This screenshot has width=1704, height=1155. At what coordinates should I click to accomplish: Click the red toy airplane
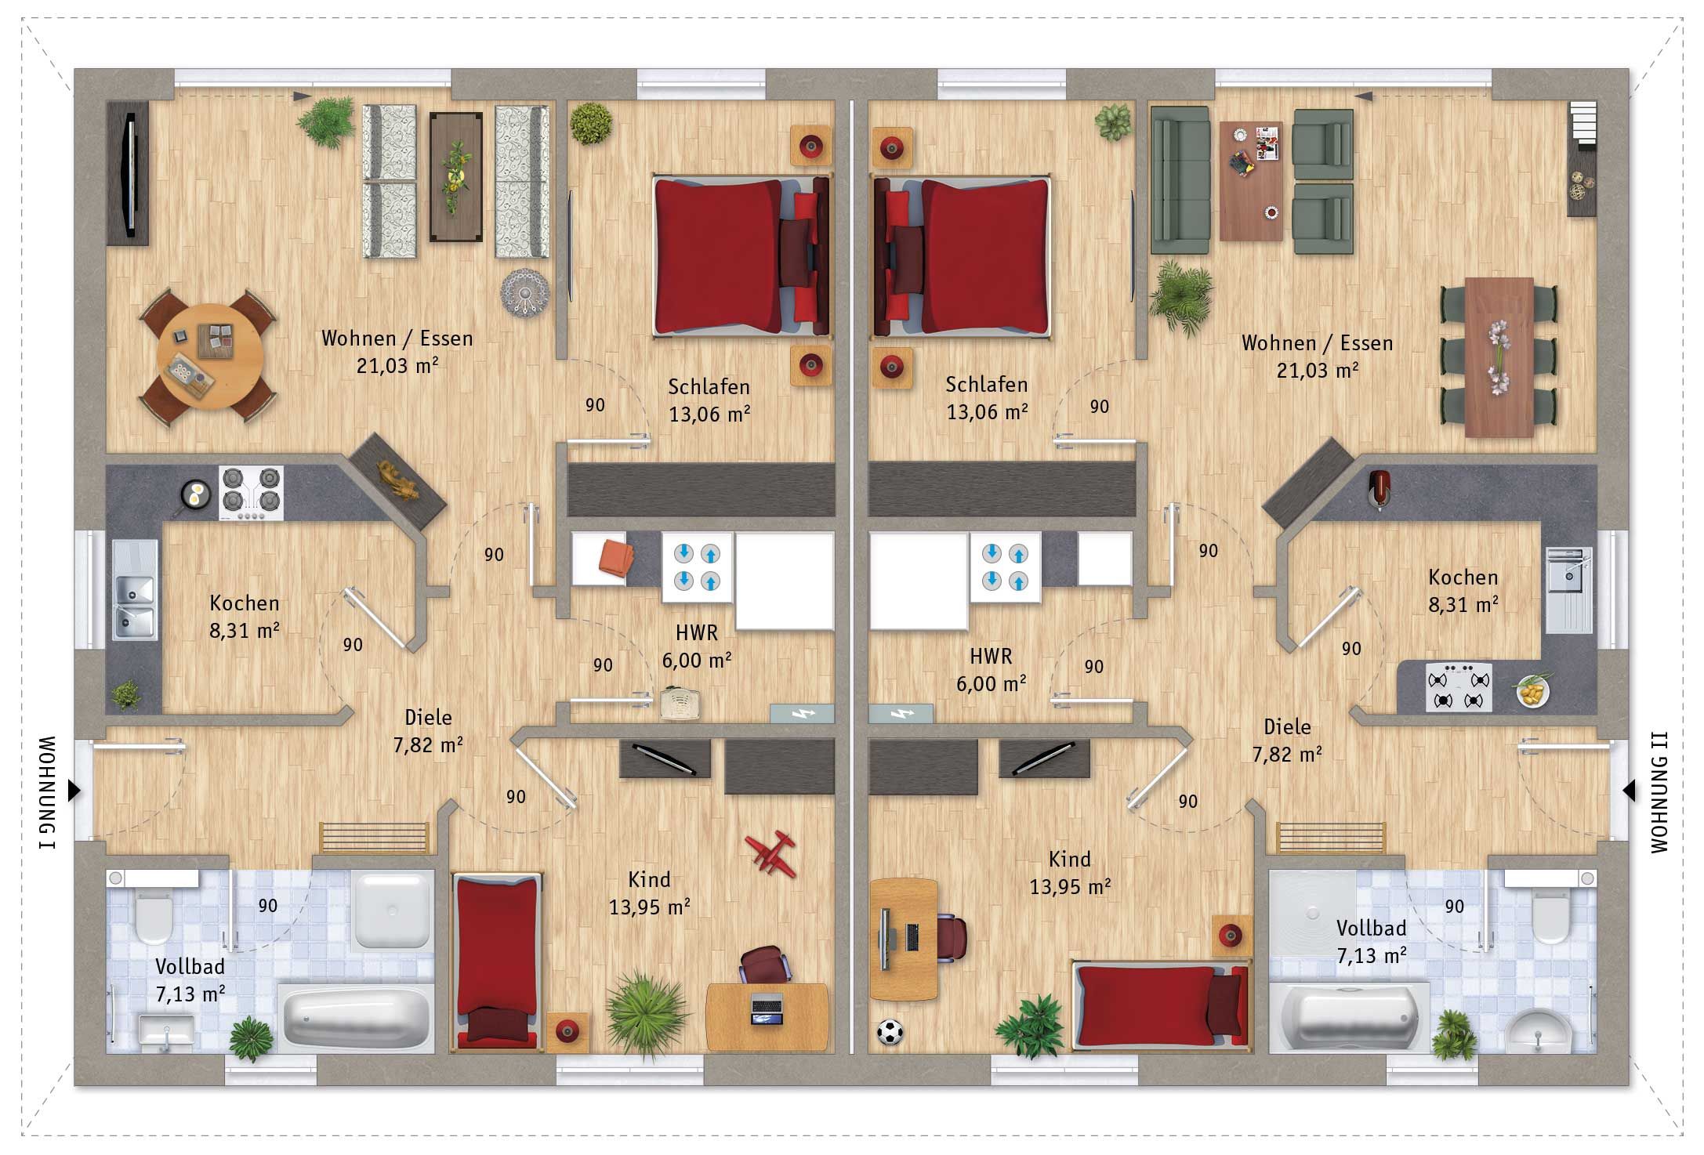pos(770,853)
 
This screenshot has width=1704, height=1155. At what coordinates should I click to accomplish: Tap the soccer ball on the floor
pos(890,1031)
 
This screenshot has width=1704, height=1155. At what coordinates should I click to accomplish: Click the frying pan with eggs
pos(194,495)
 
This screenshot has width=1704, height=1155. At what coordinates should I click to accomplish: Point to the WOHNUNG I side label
pos(47,792)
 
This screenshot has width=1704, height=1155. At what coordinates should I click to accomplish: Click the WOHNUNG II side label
pos(1659,792)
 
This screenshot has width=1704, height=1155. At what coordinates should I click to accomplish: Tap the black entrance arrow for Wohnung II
pos(1629,791)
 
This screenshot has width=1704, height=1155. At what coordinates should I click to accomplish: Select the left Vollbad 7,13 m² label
pos(190,980)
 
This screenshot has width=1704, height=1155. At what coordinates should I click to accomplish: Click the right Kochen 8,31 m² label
pos(1463,591)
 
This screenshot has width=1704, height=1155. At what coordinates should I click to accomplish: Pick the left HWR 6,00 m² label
pos(696,646)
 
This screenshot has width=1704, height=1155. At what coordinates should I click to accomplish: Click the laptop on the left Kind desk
pos(767,1008)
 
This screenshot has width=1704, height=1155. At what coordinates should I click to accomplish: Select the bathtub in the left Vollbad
pos(357,1018)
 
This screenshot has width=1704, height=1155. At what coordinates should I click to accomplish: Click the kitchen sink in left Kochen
pos(134,591)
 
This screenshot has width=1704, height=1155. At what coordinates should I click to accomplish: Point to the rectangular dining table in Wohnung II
pos(1499,357)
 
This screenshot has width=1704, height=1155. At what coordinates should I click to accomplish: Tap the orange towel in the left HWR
pos(616,558)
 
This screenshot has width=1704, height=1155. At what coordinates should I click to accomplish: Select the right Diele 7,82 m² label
pos(1287,740)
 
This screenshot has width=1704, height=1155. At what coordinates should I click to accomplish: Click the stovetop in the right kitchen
pos(1459,688)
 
